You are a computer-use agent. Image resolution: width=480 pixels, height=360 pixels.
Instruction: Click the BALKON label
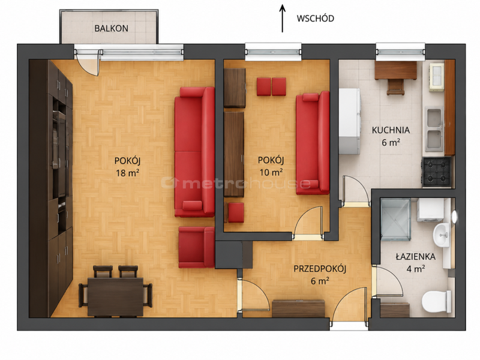[111, 28]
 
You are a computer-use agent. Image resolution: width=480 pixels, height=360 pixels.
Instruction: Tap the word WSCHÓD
[315, 19]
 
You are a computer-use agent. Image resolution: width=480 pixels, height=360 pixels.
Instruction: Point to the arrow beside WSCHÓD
[282, 19]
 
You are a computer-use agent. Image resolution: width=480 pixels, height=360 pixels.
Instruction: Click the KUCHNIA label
[391, 130]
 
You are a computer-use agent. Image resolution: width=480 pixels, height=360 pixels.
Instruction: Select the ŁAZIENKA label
[415, 256]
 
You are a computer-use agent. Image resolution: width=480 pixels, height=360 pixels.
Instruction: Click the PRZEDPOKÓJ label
[320, 269]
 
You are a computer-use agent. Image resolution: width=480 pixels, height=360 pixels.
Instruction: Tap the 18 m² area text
[128, 173]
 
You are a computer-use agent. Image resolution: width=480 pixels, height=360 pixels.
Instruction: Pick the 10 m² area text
[271, 172]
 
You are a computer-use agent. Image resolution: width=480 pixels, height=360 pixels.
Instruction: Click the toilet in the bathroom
[436, 302]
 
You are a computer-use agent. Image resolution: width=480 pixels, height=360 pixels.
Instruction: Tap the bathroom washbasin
[441, 235]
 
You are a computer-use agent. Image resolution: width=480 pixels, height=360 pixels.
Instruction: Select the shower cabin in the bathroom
[395, 219]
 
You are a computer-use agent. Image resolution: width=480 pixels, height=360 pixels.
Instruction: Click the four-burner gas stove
[437, 172]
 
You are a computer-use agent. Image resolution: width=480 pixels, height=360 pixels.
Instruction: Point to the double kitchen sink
[434, 129]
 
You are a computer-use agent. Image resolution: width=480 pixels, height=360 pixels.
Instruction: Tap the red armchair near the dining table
[197, 247]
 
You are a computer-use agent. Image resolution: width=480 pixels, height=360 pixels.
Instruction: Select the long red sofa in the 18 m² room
[194, 152]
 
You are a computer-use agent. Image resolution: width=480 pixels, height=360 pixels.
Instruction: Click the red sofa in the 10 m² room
[313, 143]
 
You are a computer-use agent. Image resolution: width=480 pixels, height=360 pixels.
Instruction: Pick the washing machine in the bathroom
[430, 210]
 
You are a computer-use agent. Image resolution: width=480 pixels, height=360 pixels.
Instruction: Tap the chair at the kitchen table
[395, 87]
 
